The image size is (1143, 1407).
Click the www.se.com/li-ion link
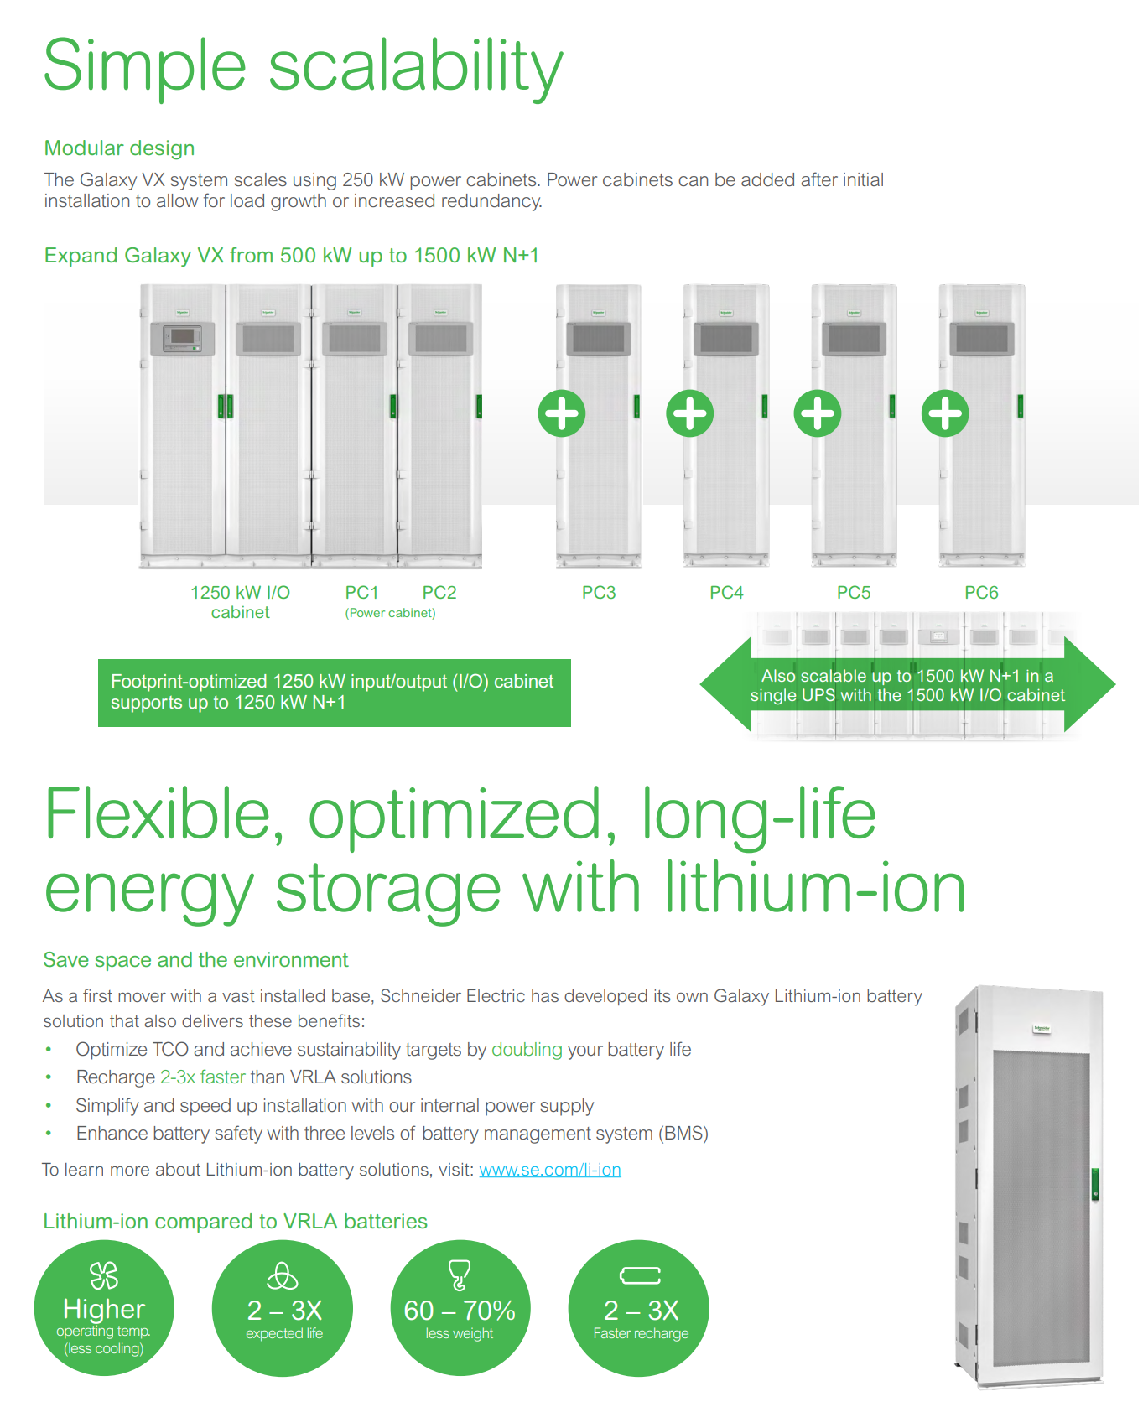(550, 1170)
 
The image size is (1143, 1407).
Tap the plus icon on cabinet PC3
(562, 413)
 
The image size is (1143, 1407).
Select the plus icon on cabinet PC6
(945, 413)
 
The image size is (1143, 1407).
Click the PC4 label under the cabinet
(726, 593)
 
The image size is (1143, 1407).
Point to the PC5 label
(854, 593)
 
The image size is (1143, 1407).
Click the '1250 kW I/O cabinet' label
(241, 602)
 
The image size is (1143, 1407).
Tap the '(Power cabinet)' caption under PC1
(390, 613)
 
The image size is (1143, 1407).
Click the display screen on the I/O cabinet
(182, 336)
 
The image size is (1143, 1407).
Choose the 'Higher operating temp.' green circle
(104, 1308)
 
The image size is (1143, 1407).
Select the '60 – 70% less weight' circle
(460, 1308)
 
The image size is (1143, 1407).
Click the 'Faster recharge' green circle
(639, 1308)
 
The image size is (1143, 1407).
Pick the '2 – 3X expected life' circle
(283, 1308)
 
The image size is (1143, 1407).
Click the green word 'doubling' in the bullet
(527, 1050)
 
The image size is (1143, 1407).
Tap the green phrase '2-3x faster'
(203, 1077)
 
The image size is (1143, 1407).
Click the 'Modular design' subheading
(119, 148)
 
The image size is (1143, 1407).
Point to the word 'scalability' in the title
(416, 67)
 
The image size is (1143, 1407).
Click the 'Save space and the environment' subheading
(195, 960)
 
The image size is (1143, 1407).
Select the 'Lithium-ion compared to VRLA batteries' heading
(235, 1222)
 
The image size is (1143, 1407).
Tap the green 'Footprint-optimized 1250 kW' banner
(335, 693)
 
